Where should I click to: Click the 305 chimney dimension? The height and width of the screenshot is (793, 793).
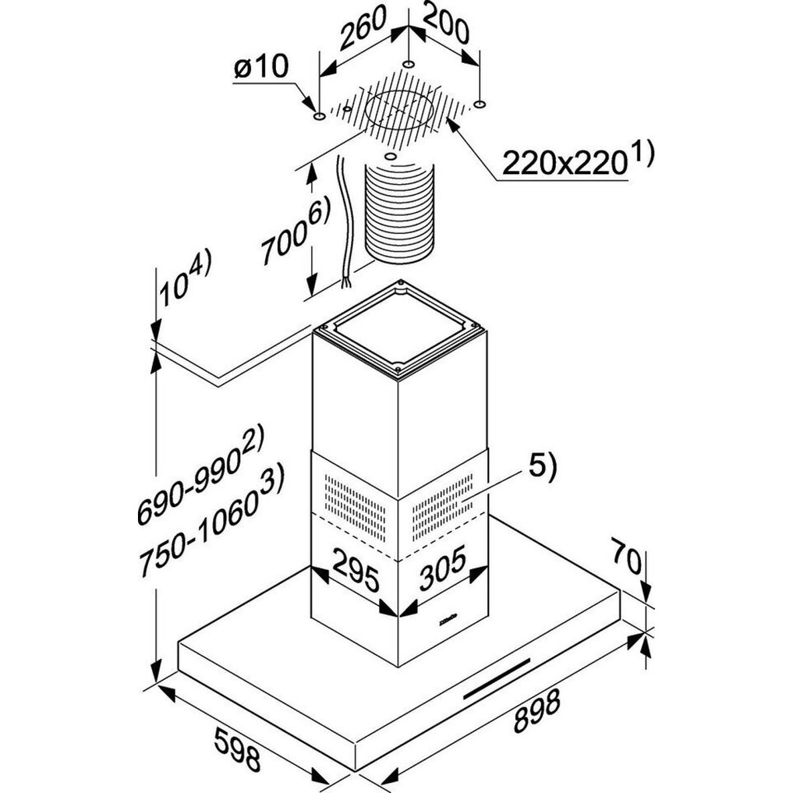(442, 567)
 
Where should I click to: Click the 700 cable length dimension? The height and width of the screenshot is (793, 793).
(295, 231)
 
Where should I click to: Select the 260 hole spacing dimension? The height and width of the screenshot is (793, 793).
(362, 29)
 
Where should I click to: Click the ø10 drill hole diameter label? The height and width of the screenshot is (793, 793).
(261, 67)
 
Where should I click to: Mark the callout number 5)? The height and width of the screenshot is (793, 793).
(542, 467)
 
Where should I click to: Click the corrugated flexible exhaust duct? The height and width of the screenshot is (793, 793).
(400, 211)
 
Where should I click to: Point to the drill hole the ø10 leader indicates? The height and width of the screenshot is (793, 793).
(319, 117)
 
